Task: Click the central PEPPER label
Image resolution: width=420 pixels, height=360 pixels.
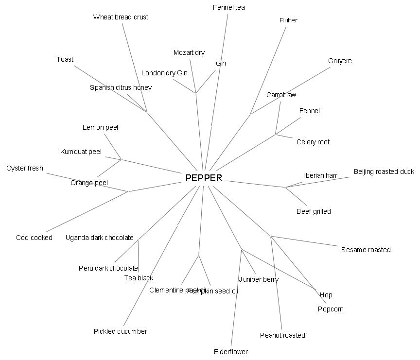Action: point(204,178)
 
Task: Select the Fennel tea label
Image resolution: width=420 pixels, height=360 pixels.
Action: point(229,7)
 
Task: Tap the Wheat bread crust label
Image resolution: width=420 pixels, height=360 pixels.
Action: point(121,17)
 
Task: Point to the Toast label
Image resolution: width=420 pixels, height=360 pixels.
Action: point(65,59)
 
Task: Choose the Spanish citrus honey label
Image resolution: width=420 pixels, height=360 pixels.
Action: point(121,87)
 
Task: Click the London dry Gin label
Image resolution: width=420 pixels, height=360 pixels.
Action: point(164,73)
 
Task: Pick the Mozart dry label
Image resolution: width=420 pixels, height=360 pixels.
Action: point(189,52)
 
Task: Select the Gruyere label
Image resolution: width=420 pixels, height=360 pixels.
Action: point(340,61)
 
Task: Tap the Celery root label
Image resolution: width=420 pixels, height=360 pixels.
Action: point(313,142)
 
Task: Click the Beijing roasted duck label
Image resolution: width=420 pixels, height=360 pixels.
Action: point(384,171)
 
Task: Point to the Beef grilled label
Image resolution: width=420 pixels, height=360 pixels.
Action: point(314,211)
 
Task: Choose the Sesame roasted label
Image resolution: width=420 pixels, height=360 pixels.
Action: point(366,250)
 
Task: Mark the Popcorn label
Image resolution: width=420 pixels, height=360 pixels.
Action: point(331,309)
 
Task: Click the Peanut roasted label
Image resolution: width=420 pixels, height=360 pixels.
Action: point(282,335)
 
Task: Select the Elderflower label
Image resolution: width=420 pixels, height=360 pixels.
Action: point(231,352)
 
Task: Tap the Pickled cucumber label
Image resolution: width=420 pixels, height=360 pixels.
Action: point(120,331)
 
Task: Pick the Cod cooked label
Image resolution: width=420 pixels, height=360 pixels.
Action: point(34,238)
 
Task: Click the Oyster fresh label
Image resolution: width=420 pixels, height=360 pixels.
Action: point(25,168)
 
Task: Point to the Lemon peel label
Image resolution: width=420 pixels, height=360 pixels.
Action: point(100,127)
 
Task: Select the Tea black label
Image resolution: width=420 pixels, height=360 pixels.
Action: point(139,278)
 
